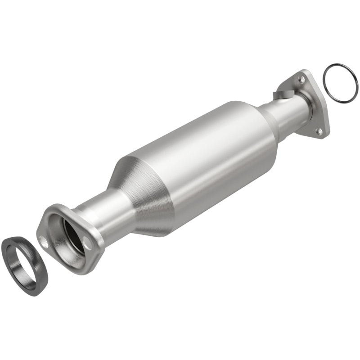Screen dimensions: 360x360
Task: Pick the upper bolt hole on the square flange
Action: pyautogui.click(x=300, y=80)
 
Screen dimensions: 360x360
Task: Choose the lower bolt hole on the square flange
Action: pyautogui.click(x=319, y=131)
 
